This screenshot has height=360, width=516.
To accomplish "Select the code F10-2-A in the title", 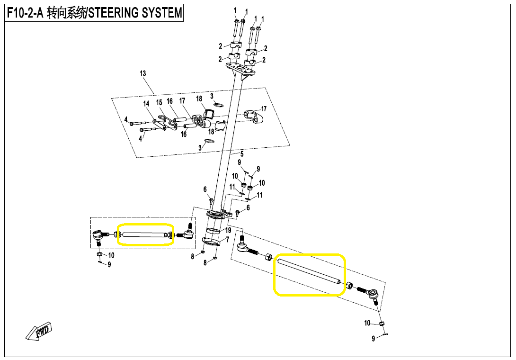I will [x=25, y=13].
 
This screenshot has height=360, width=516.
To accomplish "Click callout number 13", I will [x=142, y=73].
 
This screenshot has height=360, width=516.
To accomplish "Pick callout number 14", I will [x=146, y=104].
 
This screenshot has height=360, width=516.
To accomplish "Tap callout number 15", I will [x=159, y=102].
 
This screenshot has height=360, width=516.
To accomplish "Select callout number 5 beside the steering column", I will [x=241, y=154].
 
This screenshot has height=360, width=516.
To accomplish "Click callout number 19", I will [x=228, y=230].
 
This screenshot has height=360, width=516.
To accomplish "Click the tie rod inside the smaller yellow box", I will [x=143, y=234].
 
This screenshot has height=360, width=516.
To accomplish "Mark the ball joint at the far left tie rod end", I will [x=98, y=234].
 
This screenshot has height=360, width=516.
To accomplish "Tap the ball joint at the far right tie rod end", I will [x=374, y=294].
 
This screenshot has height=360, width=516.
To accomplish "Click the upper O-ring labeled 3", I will [x=218, y=105].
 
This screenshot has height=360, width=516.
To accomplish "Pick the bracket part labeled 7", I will [x=212, y=242].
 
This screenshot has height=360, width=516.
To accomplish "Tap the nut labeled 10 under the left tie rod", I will [x=99, y=255].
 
